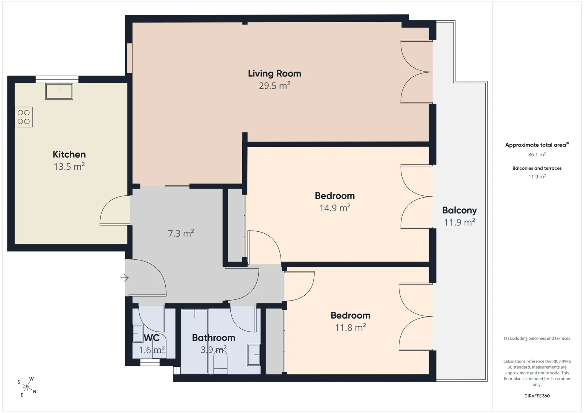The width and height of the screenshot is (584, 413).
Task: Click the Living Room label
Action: (274, 73)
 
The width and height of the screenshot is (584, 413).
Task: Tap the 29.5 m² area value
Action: (274, 85)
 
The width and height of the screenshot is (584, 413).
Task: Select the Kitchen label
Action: (69, 154)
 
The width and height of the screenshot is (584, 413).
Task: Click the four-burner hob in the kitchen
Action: (24, 117)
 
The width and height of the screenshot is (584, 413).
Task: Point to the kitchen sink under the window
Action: (59, 91)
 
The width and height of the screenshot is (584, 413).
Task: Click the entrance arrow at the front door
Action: (124, 278)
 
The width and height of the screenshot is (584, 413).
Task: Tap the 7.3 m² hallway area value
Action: (181, 233)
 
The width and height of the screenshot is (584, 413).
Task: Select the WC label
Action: (152, 338)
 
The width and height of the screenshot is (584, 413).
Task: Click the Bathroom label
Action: (214, 338)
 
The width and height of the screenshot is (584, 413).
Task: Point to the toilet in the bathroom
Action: (220, 361)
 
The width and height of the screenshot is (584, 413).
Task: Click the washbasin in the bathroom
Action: (254, 355)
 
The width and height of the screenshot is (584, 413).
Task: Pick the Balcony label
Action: (459, 210)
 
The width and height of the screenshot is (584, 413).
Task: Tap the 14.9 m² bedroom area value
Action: (335, 208)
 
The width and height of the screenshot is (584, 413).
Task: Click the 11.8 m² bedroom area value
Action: (351, 327)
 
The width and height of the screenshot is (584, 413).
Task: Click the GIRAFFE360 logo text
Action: (537, 396)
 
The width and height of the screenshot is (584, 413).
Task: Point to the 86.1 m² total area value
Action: (537, 154)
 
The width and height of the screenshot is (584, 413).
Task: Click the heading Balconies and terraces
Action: (537, 168)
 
